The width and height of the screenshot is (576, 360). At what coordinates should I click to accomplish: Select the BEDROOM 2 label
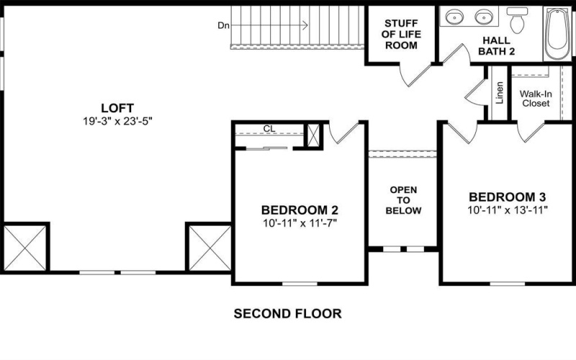[x=300, y=210]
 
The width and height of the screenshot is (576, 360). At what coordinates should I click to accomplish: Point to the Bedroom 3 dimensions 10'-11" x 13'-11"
[x=508, y=210]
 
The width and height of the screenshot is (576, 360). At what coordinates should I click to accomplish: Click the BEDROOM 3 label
[x=508, y=197]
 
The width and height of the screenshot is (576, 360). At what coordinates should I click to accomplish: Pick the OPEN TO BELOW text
[x=403, y=200]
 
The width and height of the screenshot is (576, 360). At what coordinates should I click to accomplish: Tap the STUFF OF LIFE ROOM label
[x=402, y=34]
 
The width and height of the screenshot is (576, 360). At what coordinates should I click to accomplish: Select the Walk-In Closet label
[x=536, y=98]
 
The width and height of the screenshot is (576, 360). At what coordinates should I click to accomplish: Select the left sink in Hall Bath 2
[x=454, y=16]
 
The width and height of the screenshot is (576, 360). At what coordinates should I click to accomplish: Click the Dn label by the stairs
[x=223, y=26]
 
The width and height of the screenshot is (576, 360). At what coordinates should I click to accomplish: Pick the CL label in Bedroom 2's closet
[x=269, y=129]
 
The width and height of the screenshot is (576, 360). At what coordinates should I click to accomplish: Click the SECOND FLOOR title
[x=287, y=314]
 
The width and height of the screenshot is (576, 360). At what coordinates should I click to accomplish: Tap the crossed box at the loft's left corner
[x=25, y=246]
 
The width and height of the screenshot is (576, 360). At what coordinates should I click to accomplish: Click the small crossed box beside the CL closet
[x=314, y=136]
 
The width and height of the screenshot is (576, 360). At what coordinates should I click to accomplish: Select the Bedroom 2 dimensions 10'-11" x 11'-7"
[x=300, y=223]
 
